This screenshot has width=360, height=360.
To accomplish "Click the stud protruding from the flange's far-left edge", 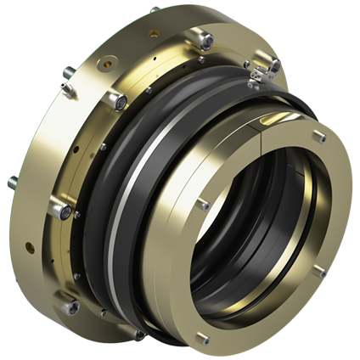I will tap(12, 181).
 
